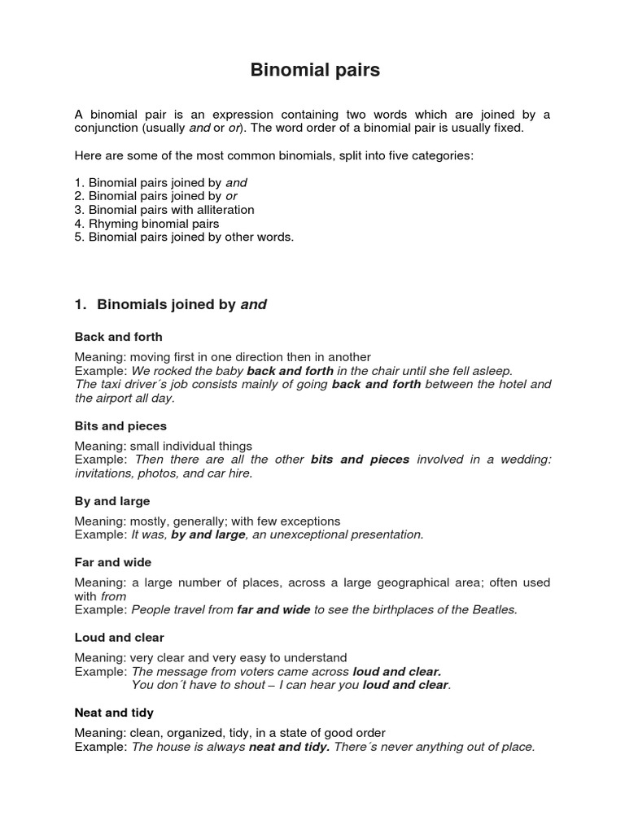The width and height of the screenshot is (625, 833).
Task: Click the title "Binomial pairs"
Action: [x=314, y=71]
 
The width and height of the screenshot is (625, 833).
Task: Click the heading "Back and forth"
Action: [x=118, y=337]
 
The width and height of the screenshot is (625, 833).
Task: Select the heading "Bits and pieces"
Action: [x=120, y=425]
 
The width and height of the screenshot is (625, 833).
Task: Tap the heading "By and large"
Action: [x=112, y=501]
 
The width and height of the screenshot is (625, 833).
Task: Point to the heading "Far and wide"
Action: [x=113, y=562]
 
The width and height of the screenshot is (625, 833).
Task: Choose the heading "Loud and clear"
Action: [x=120, y=637]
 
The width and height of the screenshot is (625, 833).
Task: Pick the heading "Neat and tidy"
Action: [x=114, y=713]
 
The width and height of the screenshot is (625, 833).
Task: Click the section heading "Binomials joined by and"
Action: [x=181, y=305]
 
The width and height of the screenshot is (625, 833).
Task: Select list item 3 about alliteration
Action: [x=164, y=210]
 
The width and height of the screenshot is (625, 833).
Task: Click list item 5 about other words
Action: [x=184, y=237]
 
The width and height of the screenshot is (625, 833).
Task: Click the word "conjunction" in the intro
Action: [x=106, y=129]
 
